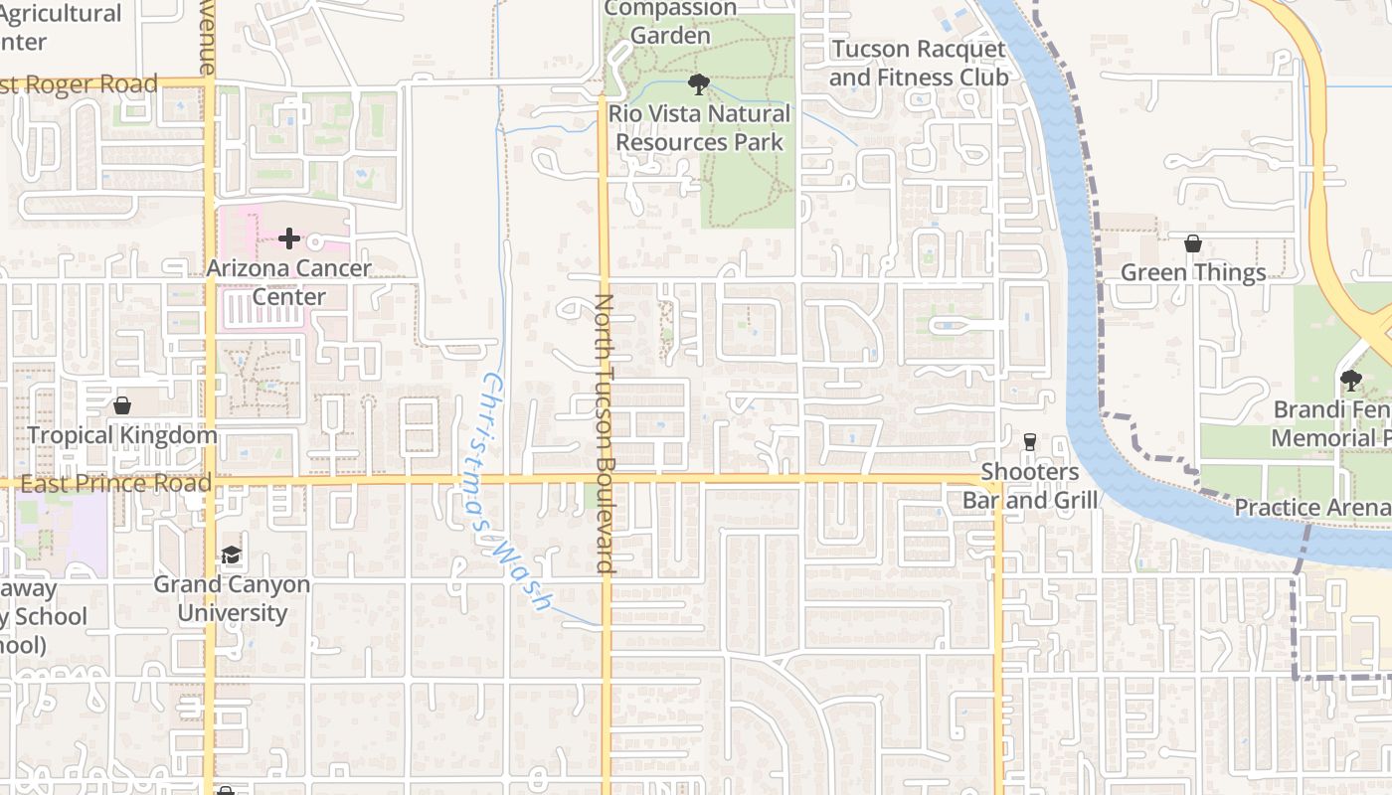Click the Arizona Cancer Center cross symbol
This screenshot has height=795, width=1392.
pos(289,238)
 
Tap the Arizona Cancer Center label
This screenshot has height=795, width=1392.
pos(289,282)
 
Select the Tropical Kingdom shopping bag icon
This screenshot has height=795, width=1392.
pos(122,405)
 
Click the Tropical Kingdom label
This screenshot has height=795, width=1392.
pos(122,435)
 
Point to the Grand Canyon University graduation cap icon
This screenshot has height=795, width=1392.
pos(231,555)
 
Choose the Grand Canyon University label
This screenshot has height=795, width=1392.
pos(232,598)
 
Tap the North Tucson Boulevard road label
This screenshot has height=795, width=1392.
pos(605,433)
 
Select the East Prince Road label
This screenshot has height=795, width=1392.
pos(115,484)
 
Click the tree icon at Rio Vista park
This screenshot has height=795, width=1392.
pos(699,84)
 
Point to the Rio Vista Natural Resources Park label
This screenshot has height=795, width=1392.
pos(700,128)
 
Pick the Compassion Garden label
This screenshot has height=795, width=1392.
pos(671,22)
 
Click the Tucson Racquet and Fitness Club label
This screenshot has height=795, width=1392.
pos(919,63)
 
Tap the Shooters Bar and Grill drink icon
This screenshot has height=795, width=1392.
pos(1029,441)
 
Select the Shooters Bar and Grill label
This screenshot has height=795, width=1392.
pos(1030,485)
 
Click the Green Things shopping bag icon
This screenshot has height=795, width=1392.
pos(1192,243)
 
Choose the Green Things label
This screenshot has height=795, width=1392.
pos(1193,272)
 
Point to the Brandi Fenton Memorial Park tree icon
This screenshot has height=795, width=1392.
pos(1350,379)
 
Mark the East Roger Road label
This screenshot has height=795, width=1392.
pos(80,84)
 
